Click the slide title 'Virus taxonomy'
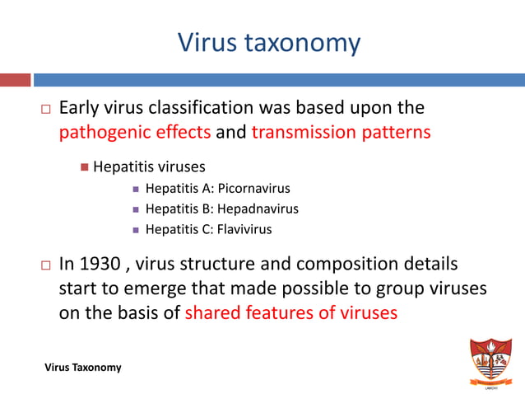(269, 42)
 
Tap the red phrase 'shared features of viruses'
(291, 312)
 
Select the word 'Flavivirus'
(244, 229)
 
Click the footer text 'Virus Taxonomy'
(83, 367)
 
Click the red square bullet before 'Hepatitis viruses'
(84, 168)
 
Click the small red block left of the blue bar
(15, 80)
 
